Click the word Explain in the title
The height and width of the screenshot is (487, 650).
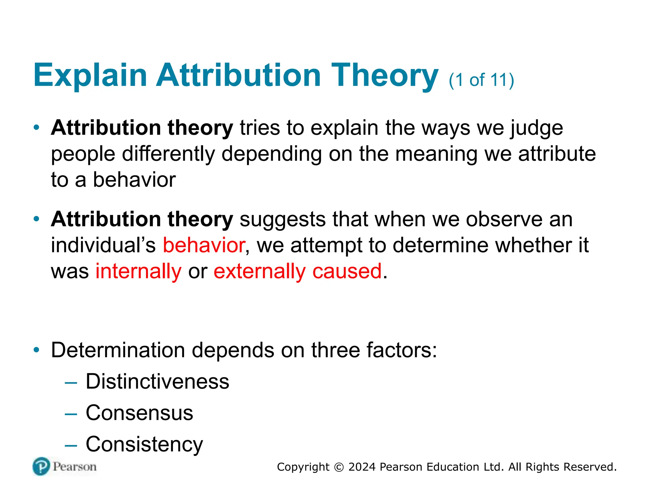90,75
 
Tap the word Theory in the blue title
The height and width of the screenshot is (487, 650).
385,75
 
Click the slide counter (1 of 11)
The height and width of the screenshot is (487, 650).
481,80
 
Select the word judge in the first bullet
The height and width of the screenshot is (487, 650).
536,128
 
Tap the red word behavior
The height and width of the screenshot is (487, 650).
204,245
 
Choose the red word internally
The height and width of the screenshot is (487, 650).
139,271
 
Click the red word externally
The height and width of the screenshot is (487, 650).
260,271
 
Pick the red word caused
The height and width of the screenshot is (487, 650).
347,271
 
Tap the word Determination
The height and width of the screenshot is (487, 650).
118,350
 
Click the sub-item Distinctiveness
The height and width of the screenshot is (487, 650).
157,381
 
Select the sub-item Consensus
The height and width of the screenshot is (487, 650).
139,413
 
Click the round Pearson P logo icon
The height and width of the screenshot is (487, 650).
41,466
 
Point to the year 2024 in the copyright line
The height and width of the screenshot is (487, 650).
362,467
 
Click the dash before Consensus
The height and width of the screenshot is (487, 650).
70,414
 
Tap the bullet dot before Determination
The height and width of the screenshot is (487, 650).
37,350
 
